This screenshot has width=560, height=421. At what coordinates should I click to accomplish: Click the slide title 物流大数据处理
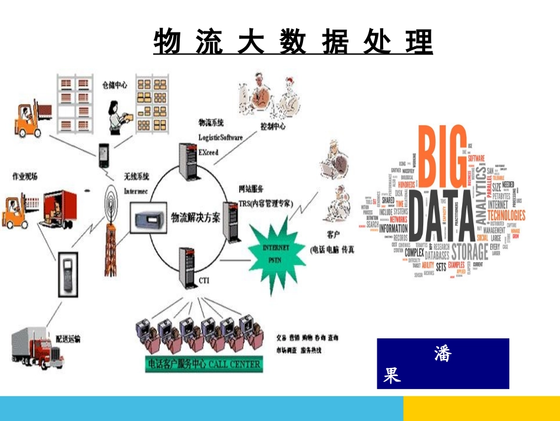[x=293, y=42]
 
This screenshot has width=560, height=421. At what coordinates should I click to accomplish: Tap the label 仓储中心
[x=114, y=85]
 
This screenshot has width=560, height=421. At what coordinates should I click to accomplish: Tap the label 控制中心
[x=273, y=126]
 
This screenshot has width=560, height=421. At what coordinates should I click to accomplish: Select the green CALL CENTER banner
[x=203, y=364]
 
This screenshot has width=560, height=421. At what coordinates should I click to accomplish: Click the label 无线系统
[x=136, y=176]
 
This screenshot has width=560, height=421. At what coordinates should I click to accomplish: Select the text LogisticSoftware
[x=220, y=138]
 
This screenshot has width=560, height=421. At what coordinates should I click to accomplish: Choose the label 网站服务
[x=251, y=190]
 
